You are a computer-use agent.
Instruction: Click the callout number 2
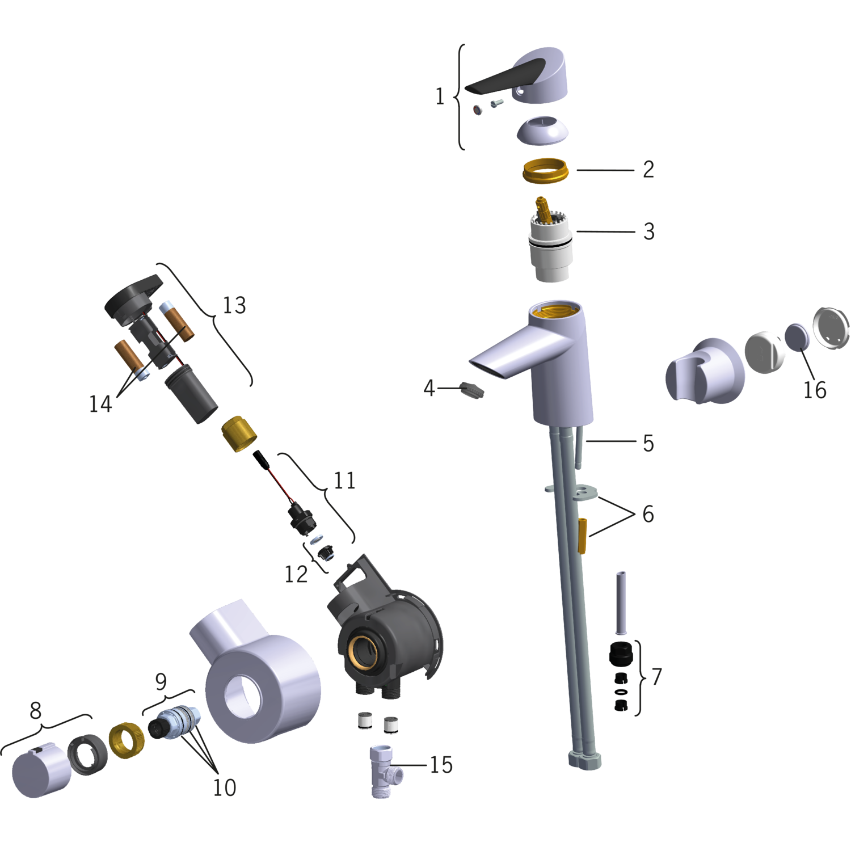(x=648, y=169)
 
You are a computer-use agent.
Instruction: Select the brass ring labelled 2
(x=545, y=171)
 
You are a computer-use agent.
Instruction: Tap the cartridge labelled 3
(x=550, y=241)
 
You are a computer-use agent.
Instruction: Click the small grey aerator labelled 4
(x=472, y=390)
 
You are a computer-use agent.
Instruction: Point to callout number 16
(x=815, y=390)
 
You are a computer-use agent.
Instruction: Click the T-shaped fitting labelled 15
(x=384, y=772)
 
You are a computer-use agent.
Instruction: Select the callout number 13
(x=234, y=305)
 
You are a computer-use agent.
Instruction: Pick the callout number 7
(x=656, y=676)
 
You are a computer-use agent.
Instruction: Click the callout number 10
(x=224, y=787)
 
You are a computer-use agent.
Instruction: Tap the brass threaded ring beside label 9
(x=127, y=740)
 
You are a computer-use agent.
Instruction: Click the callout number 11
(x=344, y=481)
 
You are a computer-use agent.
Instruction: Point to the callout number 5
(x=648, y=443)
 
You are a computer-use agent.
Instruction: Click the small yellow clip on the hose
(x=582, y=535)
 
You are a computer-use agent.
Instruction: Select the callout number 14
(x=100, y=404)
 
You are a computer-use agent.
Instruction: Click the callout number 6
(x=648, y=514)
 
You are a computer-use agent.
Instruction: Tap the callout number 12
(x=296, y=574)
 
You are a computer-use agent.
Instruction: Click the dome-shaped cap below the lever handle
(x=542, y=130)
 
